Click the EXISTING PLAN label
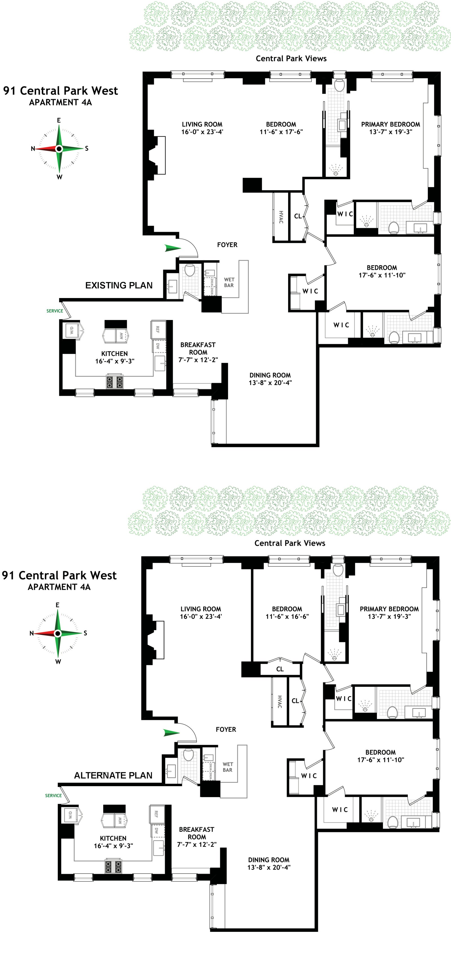tap(119, 285)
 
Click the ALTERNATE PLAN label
tap(113, 775)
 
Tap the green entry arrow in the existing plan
tap(173, 248)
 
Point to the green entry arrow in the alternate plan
tap(172, 733)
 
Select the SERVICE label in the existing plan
tap(55, 311)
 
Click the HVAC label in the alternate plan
tap(279, 701)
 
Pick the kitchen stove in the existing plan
tap(115, 382)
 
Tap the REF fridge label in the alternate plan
tap(156, 814)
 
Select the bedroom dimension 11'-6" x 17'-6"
tap(281, 132)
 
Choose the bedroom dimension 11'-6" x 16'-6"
tap(287, 616)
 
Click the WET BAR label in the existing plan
tap(229, 282)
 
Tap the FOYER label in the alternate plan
tap(226, 729)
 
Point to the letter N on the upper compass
tap(33, 149)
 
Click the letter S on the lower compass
tap(85, 633)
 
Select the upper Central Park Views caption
tap(291, 58)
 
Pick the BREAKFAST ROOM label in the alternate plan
tap(196, 837)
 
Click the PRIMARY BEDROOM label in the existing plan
tap(391, 124)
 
